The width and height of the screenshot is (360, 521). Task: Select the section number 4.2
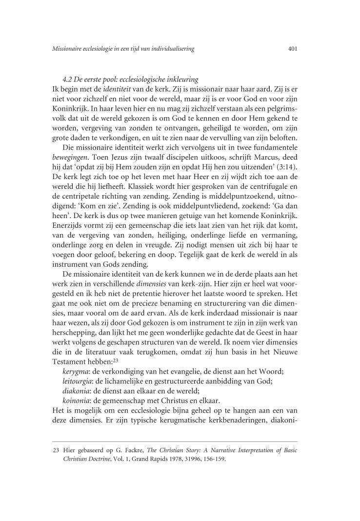point(67,79)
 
